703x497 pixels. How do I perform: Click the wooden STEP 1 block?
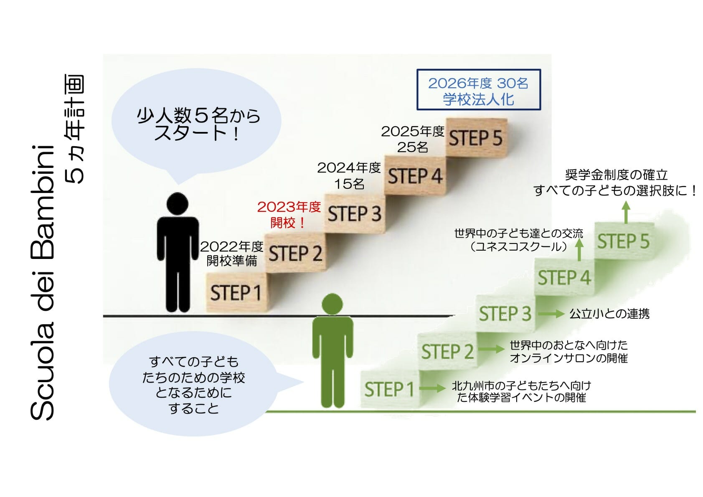coord(237,292)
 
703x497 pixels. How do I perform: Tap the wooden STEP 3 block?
coord(355,214)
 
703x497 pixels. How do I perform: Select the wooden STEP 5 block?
coord(477,137)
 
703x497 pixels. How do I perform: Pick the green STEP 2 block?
coord(447,351)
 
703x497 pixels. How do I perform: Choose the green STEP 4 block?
coord(565,277)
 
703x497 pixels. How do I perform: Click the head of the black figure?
coord(178,204)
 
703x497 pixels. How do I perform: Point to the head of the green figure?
coord(332,304)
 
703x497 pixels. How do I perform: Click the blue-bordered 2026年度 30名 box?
coord(479,90)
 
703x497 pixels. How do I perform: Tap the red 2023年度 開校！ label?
coord(289,215)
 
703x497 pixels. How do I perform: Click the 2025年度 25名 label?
coord(413,139)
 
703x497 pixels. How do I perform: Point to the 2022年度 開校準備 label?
coord(231,254)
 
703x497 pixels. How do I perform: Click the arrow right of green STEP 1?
coord(432,388)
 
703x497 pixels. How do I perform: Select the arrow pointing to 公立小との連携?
coord(551,314)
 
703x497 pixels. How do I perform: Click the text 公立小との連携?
coord(609,314)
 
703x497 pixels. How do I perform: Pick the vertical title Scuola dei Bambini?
coord(42,282)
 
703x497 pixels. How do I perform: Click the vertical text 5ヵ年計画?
coord(75,129)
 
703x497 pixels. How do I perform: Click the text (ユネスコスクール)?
coord(519,246)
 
